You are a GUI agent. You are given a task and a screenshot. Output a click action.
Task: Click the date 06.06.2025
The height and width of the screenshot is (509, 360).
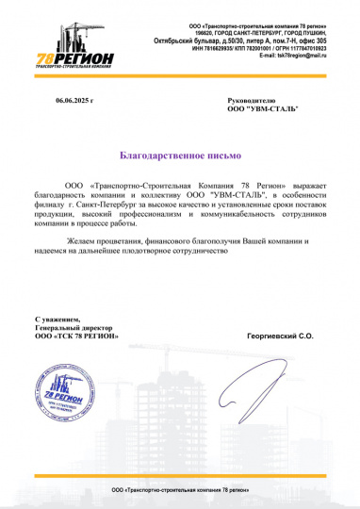74,99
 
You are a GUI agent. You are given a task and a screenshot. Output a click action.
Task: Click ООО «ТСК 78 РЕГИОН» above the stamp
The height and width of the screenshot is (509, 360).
76,336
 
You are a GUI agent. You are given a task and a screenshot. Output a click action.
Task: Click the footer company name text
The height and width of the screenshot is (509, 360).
180,492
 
